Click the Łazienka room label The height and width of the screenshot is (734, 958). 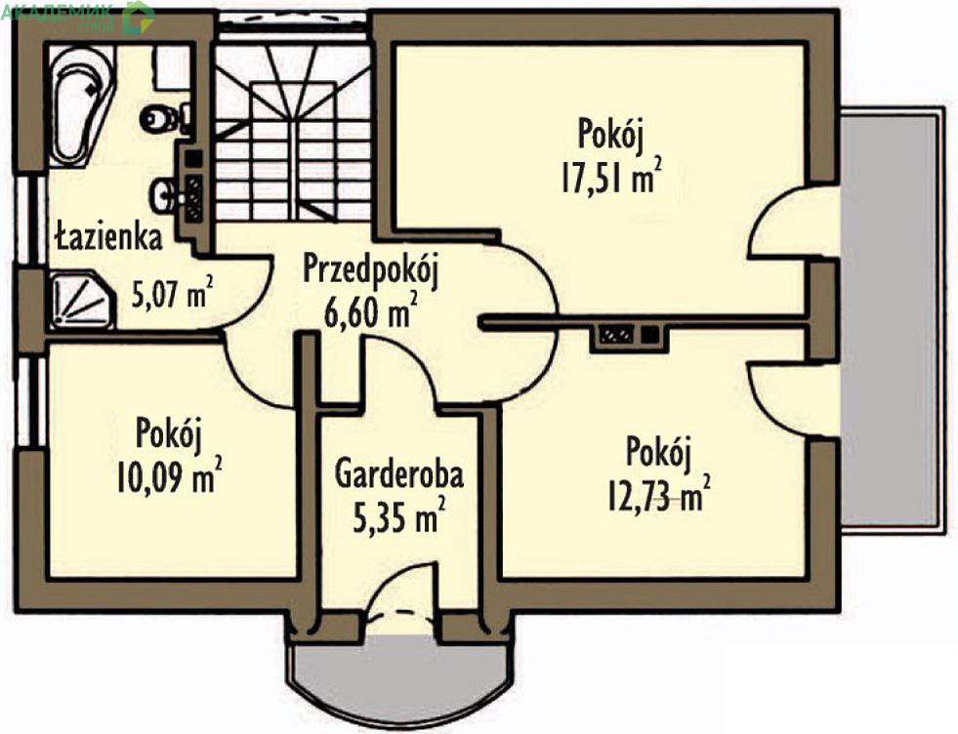108,237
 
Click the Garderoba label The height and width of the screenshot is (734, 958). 399,474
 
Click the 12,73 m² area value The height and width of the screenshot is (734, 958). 658,495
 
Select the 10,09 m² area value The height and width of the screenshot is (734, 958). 168,477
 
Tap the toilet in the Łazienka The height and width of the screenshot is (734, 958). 164,118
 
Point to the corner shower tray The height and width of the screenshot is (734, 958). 82,301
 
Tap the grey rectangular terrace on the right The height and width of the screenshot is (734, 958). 890,320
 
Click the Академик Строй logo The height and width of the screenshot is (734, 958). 76,17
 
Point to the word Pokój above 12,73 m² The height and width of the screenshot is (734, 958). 658,454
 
